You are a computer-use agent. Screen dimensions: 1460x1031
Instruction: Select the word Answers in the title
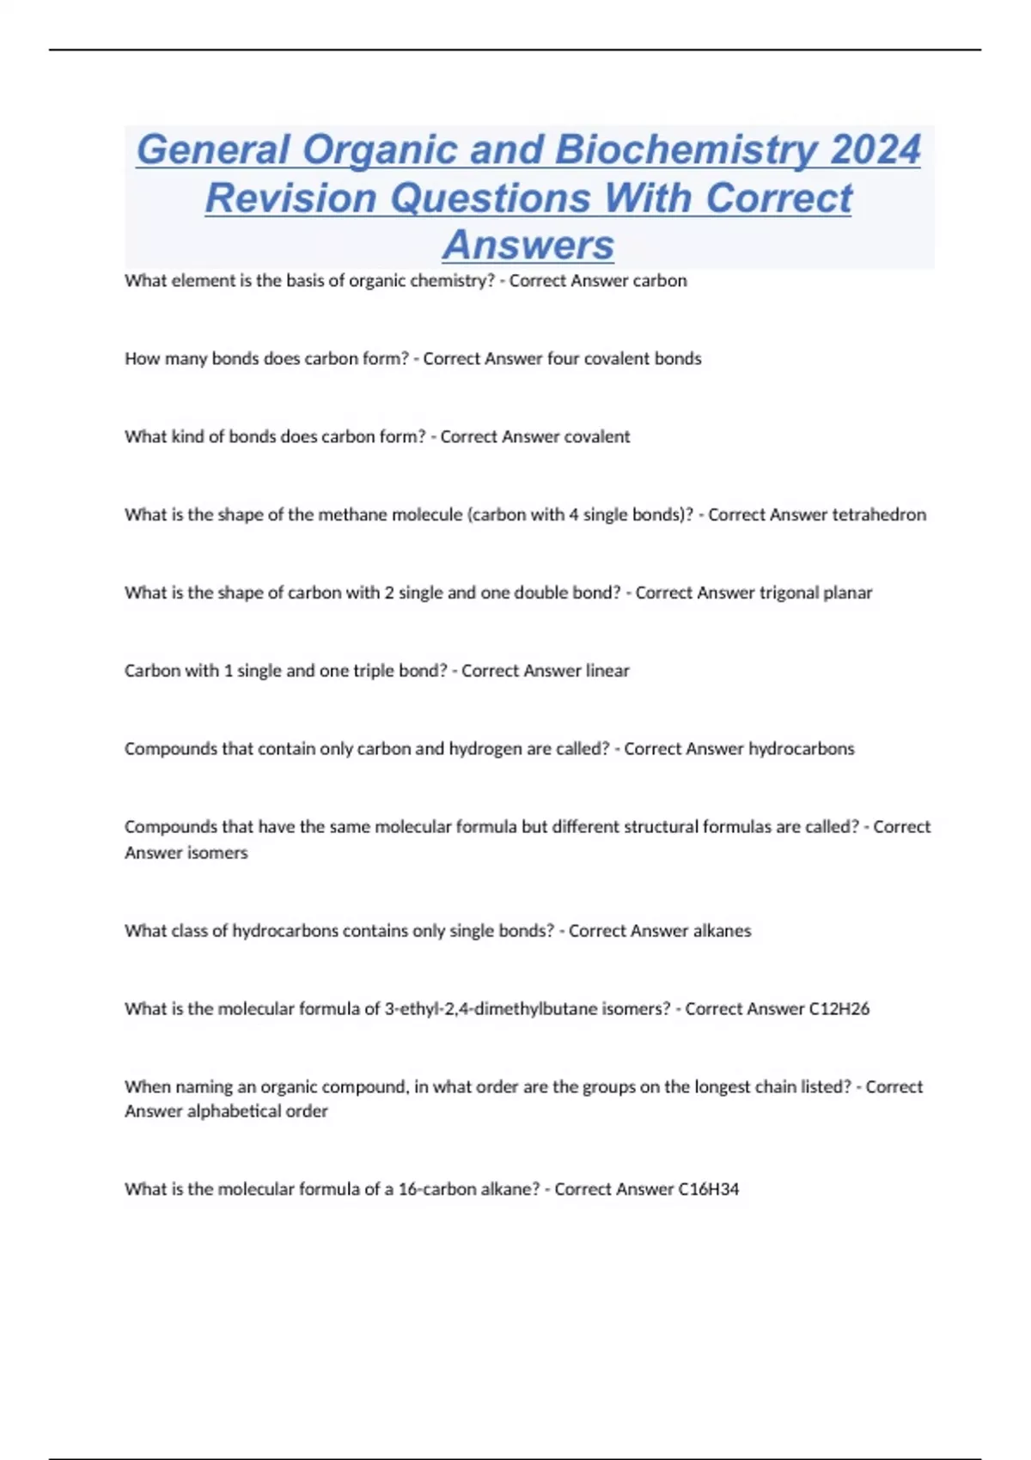click(x=528, y=245)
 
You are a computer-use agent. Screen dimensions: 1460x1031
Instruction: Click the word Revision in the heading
click(x=291, y=198)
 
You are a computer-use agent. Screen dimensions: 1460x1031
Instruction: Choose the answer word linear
click(x=607, y=671)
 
